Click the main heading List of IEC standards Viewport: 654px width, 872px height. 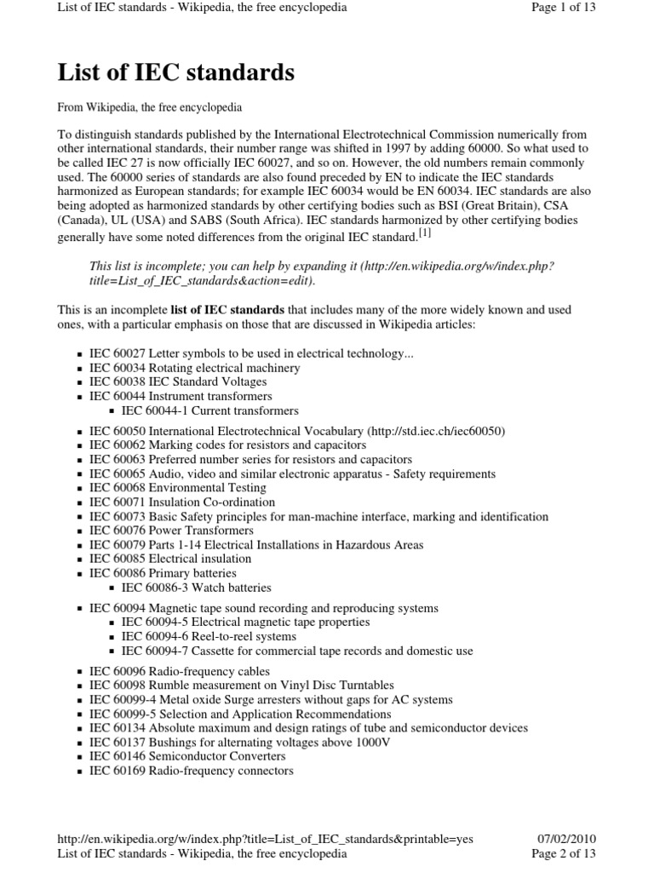[176, 73]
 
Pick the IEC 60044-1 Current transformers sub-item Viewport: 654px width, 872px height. [209, 410]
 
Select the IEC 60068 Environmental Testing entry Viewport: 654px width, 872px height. [177, 488]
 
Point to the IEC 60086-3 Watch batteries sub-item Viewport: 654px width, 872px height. [196, 588]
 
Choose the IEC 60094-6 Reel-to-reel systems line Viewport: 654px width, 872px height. [209, 636]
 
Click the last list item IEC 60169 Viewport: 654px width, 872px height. [191, 771]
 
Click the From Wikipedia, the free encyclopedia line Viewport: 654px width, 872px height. [150, 108]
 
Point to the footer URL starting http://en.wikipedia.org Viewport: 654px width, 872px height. [265, 838]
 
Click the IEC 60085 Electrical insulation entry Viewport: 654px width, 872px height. [169, 559]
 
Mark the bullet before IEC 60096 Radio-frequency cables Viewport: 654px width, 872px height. [79, 672]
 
